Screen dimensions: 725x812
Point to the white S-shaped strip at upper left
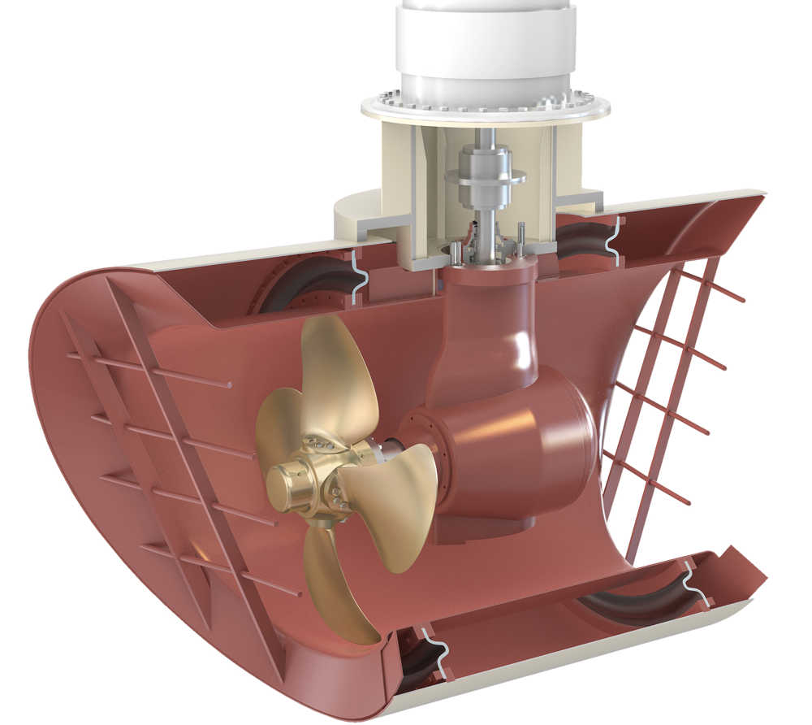[x=356, y=276]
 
